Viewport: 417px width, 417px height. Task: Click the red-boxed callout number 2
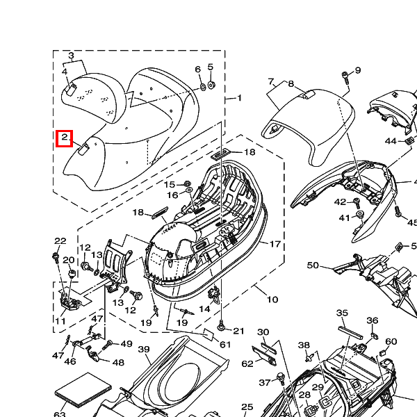click(x=64, y=138)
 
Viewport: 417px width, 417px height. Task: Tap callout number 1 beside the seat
click(x=240, y=98)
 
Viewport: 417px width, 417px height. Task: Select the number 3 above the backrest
click(x=71, y=55)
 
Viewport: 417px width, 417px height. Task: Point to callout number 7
click(x=271, y=81)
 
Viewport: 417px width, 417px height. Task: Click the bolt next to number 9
click(x=345, y=76)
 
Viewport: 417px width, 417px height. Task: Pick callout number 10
click(x=272, y=300)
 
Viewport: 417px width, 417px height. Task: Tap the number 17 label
click(x=275, y=244)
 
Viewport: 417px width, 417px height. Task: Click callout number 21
click(x=239, y=330)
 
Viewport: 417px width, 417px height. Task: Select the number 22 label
click(x=60, y=241)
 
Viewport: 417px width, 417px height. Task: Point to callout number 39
click(x=144, y=350)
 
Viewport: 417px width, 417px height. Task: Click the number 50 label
click(x=313, y=265)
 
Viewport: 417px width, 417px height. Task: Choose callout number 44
click(x=391, y=141)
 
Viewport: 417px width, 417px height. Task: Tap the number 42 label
click(x=340, y=202)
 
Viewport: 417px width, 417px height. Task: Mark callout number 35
click(x=342, y=313)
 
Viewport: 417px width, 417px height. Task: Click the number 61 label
click(x=225, y=345)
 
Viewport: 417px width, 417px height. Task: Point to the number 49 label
click(x=126, y=344)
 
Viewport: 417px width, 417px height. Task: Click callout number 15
click(x=170, y=184)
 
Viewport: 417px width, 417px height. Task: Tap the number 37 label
click(x=264, y=382)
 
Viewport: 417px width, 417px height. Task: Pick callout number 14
click(x=204, y=309)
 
